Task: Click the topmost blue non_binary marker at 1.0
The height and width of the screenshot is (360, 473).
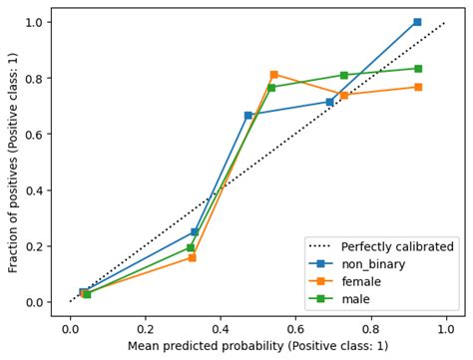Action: coord(417,22)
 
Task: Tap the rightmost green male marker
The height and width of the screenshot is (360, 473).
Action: coord(417,69)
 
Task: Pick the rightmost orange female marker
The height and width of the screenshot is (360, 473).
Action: coord(417,87)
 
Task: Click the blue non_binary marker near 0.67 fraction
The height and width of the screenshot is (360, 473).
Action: coord(248,115)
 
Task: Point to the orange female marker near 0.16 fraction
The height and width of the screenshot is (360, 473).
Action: coord(192,257)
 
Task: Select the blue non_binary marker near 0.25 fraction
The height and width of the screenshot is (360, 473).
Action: coord(195,232)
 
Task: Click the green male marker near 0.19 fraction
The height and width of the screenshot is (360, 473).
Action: coord(191,247)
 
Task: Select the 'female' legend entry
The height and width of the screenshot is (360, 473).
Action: coord(363,281)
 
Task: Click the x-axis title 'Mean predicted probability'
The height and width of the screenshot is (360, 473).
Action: coord(258,346)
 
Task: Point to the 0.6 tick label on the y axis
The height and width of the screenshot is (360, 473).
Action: coord(31,135)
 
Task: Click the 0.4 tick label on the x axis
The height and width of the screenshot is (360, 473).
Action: coord(221,327)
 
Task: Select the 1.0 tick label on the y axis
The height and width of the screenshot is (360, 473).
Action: coord(31,22)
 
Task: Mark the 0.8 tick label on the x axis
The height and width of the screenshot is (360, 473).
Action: coord(371,327)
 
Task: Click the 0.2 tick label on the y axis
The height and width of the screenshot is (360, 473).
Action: coord(31,246)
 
